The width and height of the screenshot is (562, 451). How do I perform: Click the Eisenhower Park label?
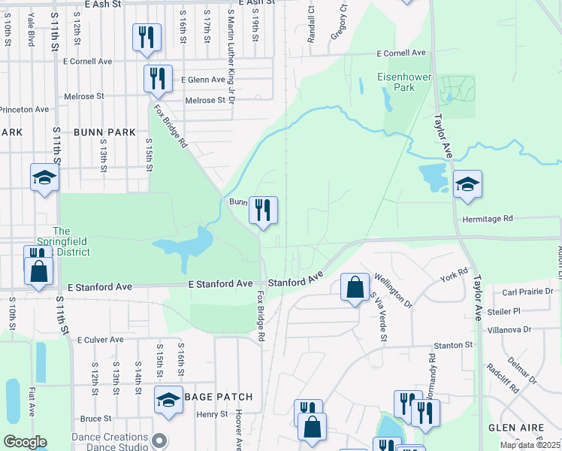[396, 82]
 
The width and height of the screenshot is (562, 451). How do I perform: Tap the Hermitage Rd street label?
[487, 219]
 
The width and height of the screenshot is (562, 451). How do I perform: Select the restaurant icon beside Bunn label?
[263, 210]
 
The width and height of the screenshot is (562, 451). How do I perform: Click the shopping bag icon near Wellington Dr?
[355, 287]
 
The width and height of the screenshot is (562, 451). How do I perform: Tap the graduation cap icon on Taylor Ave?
[467, 184]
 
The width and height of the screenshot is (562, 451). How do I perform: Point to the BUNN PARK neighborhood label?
[104, 132]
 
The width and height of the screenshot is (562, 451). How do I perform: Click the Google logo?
[25, 442]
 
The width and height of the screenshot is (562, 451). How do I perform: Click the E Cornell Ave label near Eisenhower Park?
[401, 53]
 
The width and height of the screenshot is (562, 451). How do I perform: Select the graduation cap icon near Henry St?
[168, 400]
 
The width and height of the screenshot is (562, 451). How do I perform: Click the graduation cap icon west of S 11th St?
[44, 178]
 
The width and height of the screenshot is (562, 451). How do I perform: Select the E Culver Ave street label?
[99, 340]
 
